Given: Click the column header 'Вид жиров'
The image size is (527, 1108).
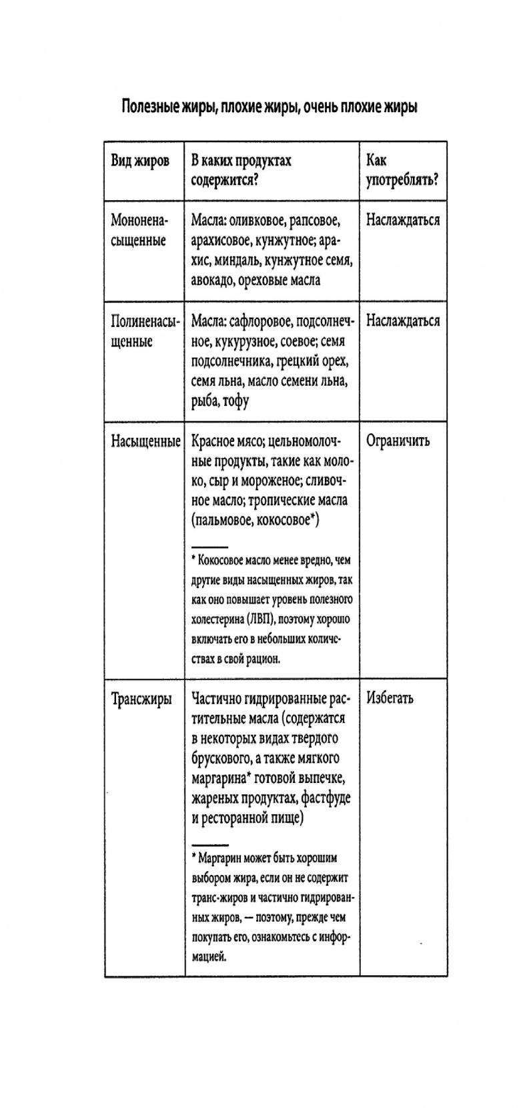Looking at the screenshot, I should coord(139,161).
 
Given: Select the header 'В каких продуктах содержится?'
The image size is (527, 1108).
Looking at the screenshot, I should coord(241,170).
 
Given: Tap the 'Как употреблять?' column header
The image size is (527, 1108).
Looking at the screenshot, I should coord(402,170).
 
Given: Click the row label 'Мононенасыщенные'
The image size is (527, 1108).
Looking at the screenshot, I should coord(139,230).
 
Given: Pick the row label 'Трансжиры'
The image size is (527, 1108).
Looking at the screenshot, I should coord(141,699).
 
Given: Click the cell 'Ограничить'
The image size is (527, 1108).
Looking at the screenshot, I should coord(398,441).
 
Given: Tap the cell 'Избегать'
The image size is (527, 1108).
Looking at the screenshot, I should coord(390,698).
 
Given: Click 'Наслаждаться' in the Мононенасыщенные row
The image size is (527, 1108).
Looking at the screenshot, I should coord(402,220).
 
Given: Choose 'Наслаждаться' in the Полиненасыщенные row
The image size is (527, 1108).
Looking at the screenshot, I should coord(402,320).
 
